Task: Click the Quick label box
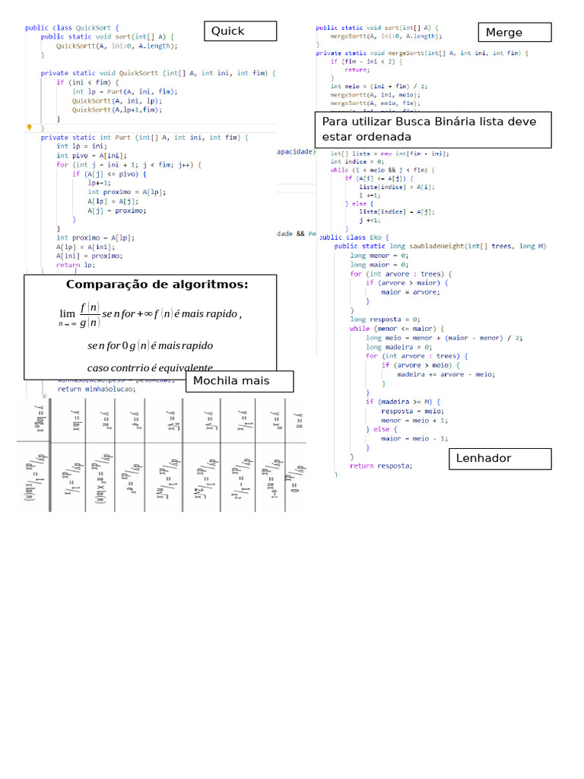point(240,31)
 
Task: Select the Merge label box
point(515,33)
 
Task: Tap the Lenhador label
point(500,458)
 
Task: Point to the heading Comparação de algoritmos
point(157,285)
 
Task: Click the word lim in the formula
point(67,313)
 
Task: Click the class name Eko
point(376,237)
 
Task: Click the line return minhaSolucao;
point(97,388)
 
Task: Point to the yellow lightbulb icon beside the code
point(29,127)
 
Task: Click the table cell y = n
point(299,420)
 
